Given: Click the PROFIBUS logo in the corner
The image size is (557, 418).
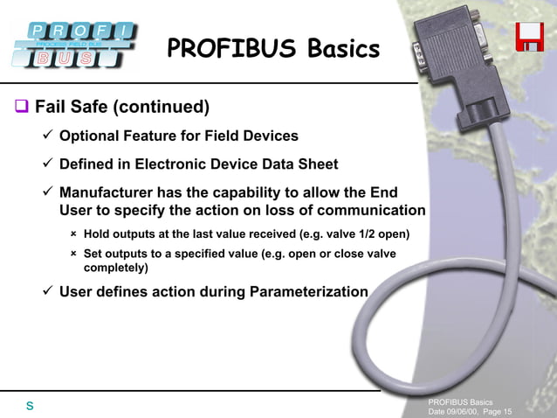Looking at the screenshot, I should point(73,44).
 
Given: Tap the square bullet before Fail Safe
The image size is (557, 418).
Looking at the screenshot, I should point(21,108).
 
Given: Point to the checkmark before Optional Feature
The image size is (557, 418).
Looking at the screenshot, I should point(48,136).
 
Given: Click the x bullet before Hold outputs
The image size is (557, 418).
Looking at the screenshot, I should point(74,233).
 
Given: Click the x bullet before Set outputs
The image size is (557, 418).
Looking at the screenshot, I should point(74,254).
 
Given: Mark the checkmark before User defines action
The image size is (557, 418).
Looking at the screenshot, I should point(48,291).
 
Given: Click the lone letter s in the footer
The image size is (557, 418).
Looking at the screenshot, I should point(30,406).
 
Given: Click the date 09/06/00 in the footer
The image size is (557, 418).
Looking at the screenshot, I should point(462,412).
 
